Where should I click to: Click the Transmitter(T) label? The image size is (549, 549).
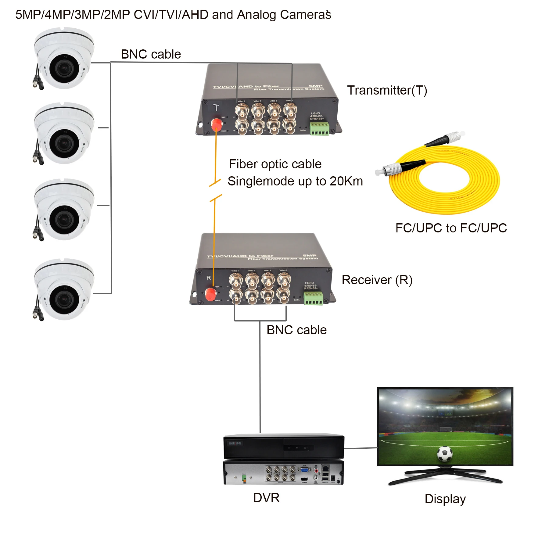coord(387,90)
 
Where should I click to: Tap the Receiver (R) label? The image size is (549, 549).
coord(377,280)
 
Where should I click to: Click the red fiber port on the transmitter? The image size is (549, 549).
coord(217,124)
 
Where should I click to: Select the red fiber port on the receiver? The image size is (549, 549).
coord(210,294)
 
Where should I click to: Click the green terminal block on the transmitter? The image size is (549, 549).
coord(319,128)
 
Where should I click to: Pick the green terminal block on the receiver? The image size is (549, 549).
coord(313,298)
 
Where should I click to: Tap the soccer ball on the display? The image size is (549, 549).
coord(444,454)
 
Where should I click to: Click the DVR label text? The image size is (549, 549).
coord(266,497)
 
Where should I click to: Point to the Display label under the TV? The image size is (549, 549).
coord(445,499)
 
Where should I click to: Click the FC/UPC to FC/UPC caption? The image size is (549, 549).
coord(451,228)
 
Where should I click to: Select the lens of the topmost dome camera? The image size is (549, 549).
coord(63,68)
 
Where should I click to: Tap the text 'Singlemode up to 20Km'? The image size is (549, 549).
coord(295,181)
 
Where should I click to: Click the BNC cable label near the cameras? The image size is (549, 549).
coord(151,54)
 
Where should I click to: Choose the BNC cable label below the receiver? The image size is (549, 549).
coord(296,330)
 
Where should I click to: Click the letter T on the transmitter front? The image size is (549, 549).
coord(216,107)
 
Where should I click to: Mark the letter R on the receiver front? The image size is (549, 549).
coord(209,278)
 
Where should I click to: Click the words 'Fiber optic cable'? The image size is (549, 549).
coord(275,164)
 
